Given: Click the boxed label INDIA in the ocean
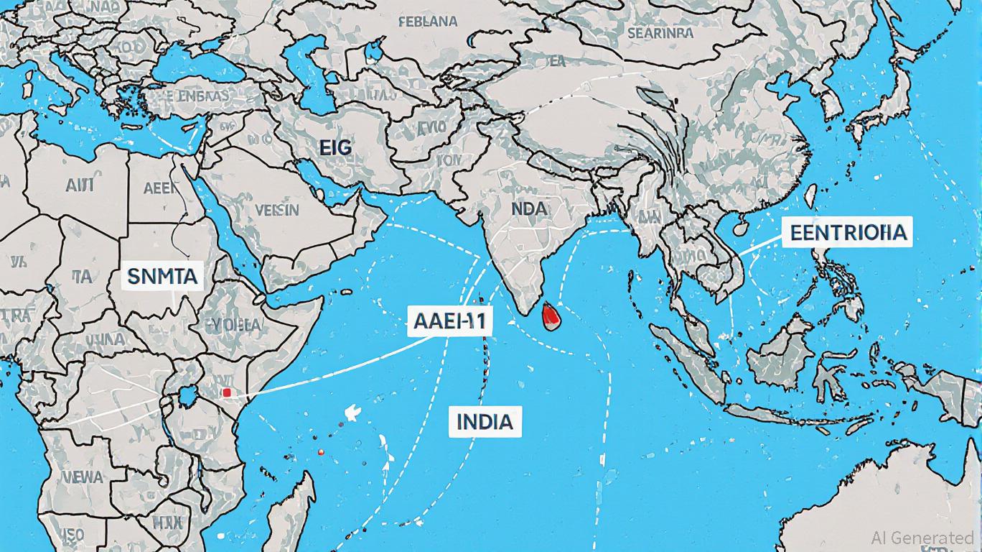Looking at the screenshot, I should coord(485,421).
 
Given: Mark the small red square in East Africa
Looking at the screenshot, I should coord(227,393).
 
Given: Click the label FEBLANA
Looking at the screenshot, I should coord(426,22).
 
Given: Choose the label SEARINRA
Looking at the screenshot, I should coord(660,33).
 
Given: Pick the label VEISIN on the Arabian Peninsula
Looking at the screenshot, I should coord(276,209).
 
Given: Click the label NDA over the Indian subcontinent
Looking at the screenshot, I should coord(530,208).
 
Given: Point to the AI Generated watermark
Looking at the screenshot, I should coord(922,537).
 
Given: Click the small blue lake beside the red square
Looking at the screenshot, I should coord(192,393).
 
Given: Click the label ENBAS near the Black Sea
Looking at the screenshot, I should coord(202,96).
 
